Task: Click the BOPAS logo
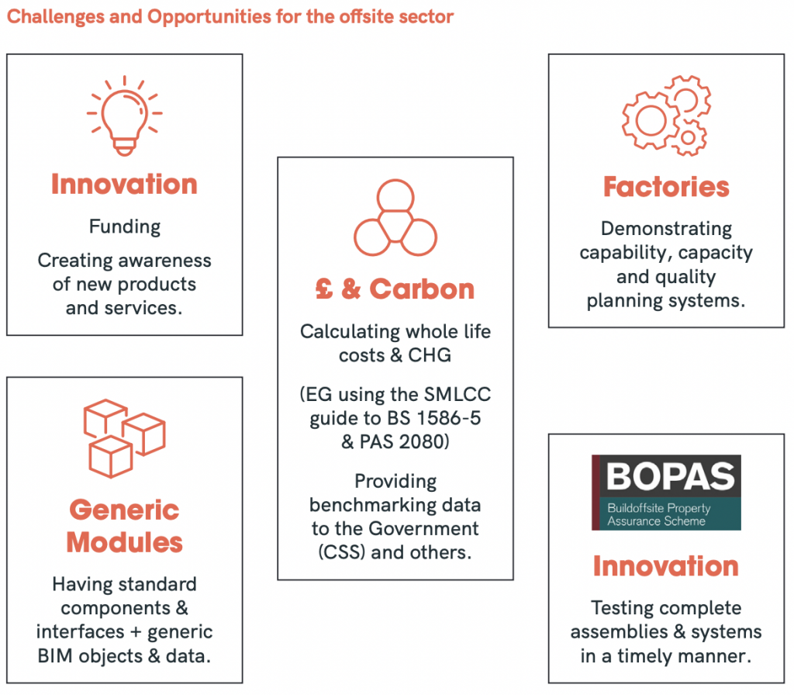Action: (666, 493)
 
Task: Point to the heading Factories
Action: (666, 187)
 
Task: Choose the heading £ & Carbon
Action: (395, 289)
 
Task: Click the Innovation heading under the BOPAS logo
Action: (666, 566)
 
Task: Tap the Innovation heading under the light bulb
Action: (125, 185)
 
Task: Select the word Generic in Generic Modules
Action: (125, 510)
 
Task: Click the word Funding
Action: (125, 227)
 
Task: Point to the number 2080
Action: (421, 442)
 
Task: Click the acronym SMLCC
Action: (457, 395)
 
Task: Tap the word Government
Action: (423, 529)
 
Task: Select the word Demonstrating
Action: (666, 230)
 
